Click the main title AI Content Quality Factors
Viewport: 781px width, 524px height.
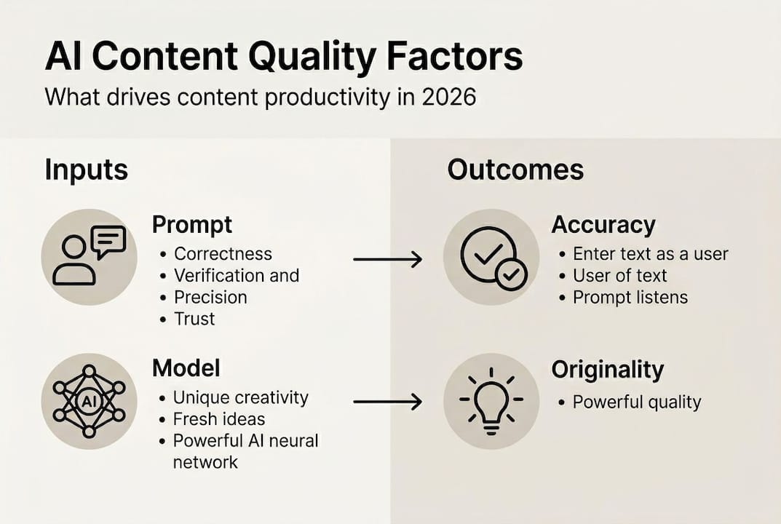pyautogui.click(x=283, y=57)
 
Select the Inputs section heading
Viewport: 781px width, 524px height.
pyautogui.click(x=86, y=170)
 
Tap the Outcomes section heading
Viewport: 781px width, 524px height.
pyautogui.click(x=515, y=170)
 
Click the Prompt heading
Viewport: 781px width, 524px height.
pyautogui.click(x=192, y=225)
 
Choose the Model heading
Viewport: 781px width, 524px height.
pyautogui.click(x=186, y=368)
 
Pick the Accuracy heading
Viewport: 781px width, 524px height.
pyautogui.click(x=603, y=224)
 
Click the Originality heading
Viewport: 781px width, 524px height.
pyautogui.click(x=608, y=370)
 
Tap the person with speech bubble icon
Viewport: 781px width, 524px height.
pyautogui.click(x=89, y=256)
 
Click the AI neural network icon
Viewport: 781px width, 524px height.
pyautogui.click(x=89, y=401)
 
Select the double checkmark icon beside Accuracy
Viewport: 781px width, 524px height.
pyautogui.click(x=491, y=257)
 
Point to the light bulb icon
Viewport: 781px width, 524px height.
pyautogui.click(x=491, y=401)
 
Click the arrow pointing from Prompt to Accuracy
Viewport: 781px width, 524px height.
pyautogui.click(x=387, y=259)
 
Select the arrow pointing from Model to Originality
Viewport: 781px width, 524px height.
pyautogui.click(x=387, y=402)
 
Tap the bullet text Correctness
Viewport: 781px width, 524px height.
pyautogui.click(x=223, y=254)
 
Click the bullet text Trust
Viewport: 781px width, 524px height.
pyautogui.click(x=194, y=319)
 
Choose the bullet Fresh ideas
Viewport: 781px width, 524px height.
pyautogui.click(x=219, y=419)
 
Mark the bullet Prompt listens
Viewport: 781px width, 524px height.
pyautogui.click(x=630, y=297)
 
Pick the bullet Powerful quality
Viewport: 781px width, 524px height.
pyautogui.click(x=637, y=402)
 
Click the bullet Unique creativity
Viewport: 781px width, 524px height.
pyautogui.click(x=240, y=397)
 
